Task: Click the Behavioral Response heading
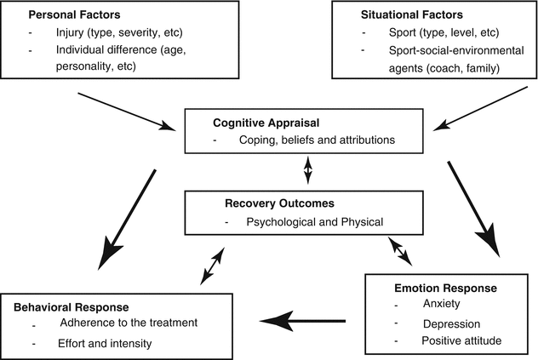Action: (71, 306)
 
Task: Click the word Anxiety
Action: (441, 305)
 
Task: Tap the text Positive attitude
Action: (461, 341)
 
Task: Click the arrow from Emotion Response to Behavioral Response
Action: (303, 321)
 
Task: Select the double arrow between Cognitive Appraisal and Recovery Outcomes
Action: (309, 171)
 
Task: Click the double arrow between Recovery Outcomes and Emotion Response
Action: (399, 251)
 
